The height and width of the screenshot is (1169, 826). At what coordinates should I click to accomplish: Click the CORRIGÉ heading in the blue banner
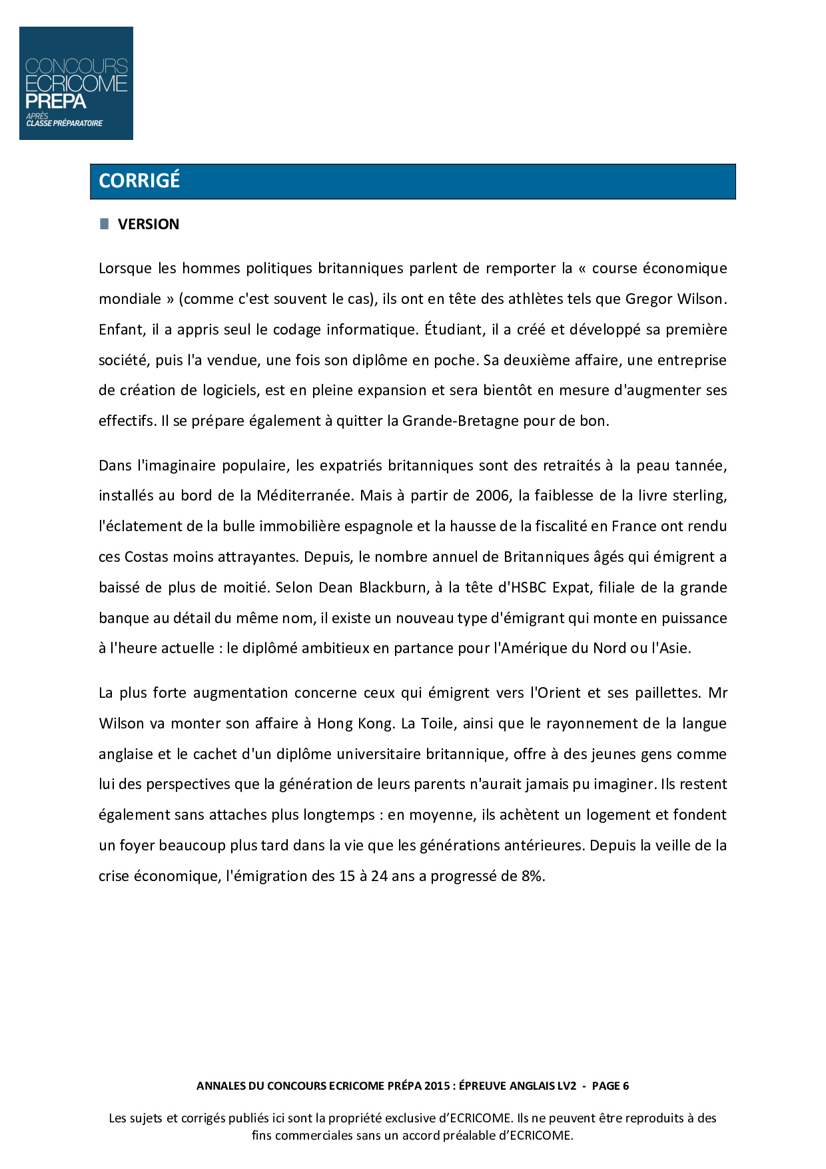[x=139, y=181]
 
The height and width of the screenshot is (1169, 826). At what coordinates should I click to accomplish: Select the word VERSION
[x=149, y=225]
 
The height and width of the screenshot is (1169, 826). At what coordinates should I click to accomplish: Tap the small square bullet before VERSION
[x=104, y=224]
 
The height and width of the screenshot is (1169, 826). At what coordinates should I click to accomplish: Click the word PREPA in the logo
[x=56, y=101]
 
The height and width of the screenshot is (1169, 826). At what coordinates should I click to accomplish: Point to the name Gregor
[x=648, y=299]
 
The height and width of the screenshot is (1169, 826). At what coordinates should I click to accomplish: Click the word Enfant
[x=121, y=330]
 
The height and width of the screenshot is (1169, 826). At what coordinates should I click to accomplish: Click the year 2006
[x=492, y=496]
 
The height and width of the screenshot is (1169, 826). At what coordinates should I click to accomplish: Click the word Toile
[x=437, y=724]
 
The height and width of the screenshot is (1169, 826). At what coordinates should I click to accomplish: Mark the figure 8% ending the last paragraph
[x=533, y=876]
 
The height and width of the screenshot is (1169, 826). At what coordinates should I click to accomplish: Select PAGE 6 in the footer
[x=610, y=1086]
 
